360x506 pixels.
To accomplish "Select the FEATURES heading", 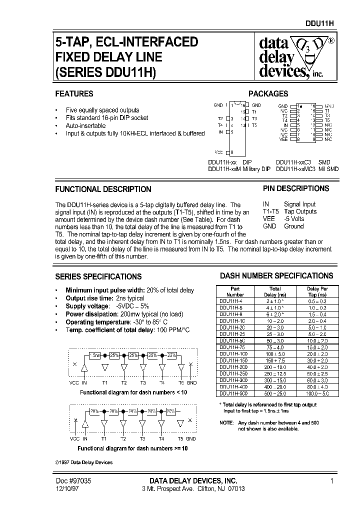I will coord(74,93).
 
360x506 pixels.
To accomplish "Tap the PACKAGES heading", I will coord(268,93).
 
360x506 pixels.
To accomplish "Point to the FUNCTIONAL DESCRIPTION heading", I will coord(103,189).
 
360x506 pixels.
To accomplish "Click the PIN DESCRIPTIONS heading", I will coord(296,188).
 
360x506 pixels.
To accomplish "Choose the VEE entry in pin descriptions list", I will coord(269,219).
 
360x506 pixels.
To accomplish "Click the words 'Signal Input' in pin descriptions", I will coord(300,204).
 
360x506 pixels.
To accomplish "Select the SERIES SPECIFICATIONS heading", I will coord(98,276).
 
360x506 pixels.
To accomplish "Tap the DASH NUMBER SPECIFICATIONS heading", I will coord(276,275).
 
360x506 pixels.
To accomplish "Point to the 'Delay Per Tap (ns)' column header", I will coord(317,291).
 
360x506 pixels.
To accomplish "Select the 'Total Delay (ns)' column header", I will coord(275,291).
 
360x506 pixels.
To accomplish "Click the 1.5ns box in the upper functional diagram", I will coord(95,355).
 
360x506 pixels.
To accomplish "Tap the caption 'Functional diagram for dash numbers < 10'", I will coord(133,393).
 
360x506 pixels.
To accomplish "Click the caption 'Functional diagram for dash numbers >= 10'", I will coord(133,448).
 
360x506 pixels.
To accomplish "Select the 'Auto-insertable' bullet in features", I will coord(85,126).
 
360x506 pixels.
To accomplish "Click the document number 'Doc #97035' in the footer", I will coord(73,481).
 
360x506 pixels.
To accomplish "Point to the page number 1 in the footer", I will coord(331,481).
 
